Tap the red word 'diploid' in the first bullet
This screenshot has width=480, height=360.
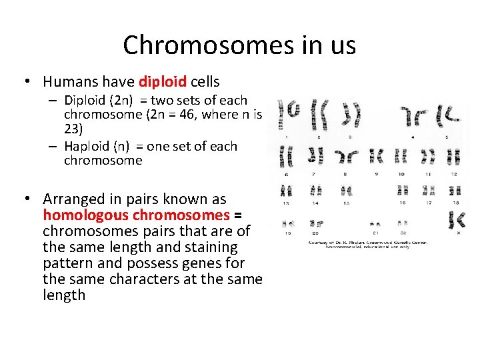(x=163, y=82)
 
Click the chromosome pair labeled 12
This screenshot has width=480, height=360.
(x=454, y=157)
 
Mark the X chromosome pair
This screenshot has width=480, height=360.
(x=457, y=219)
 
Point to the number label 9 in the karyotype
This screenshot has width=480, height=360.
(x=377, y=173)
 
